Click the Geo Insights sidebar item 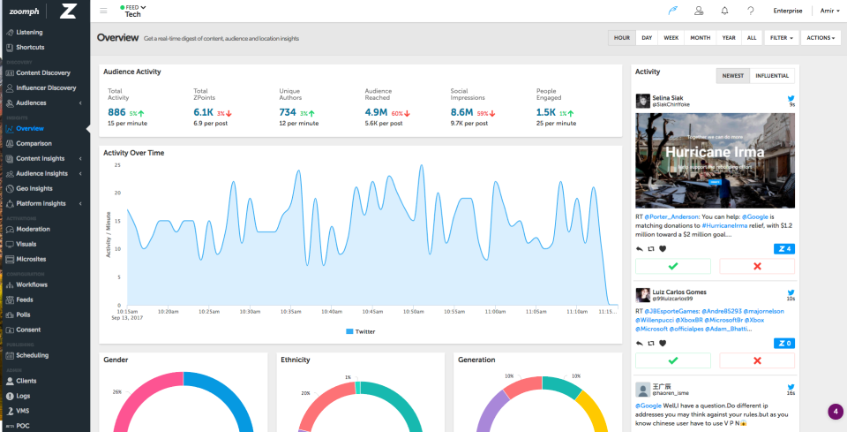tap(34, 188)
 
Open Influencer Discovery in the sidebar tap(46, 87)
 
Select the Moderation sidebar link tap(34, 229)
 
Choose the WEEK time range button tap(671, 38)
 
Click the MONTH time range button tap(701, 38)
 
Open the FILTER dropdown tap(781, 38)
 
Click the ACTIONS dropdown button tap(820, 38)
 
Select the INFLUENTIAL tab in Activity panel tap(771, 76)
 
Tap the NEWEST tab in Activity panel tap(732, 76)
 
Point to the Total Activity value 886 tap(116, 112)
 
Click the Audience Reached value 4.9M tap(376, 112)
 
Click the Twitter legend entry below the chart tap(361, 331)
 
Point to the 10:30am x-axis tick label tap(251, 311)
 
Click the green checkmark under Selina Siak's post tap(673, 265)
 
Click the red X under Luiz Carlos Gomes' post tap(756, 360)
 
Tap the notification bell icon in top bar tap(724, 11)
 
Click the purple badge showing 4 tap(836, 412)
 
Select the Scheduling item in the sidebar tap(32, 355)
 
